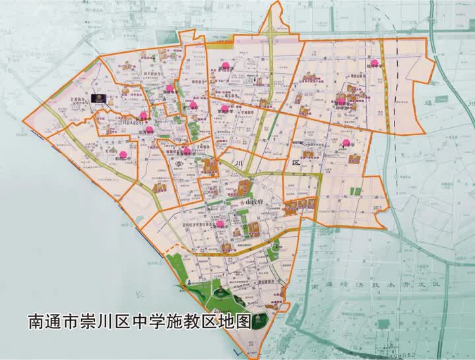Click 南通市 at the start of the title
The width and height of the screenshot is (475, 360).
click(x=54, y=322)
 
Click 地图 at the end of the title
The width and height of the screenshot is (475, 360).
click(x=239, y=322)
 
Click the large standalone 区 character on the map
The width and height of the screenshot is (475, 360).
click(x=296, y=162)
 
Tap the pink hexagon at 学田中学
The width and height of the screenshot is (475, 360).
click(x=225, y=108)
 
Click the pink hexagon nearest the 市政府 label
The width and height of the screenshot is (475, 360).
click(x=220, y=224)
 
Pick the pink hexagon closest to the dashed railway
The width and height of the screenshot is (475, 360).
click(x=374, y=63)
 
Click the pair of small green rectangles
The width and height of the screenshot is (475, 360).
click(x=356, y=191)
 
